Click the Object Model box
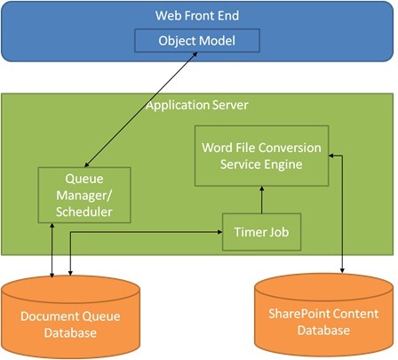click(197, 41)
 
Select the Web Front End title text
click(197, 15)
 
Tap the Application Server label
click(197, 106)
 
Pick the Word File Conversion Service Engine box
click(261, 155)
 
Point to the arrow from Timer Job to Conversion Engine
click(260, 200)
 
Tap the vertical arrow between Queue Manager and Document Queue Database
click(54, 250)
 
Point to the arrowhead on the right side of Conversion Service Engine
click(332, 156)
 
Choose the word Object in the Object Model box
click(179, 41)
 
